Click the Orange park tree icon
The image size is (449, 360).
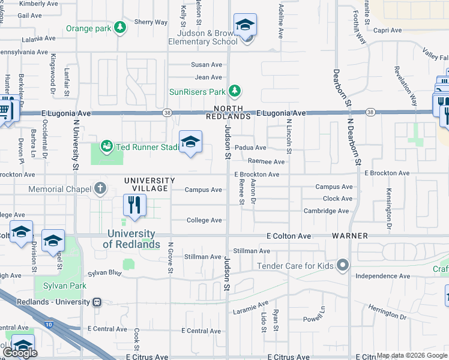[x=120, y=28]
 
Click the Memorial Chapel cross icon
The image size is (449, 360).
[x=100, y=189]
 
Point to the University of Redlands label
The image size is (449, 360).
[x=131, y=239]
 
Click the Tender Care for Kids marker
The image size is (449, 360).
[x=343, y=265]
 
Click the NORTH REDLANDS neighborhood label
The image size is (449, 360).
[x=228, y=112]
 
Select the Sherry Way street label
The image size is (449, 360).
[x=151, y=22]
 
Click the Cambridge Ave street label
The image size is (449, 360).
[x=326, y=211]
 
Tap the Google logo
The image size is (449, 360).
[x=20, y=353]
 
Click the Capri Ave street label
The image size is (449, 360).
[x=387, y=30]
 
